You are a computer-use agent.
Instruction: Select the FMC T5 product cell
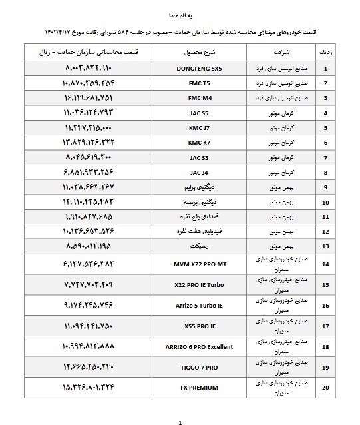[x=194, y=83]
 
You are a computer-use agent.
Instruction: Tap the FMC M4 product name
[x=194, y=98]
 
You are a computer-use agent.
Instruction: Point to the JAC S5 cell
[x=194, y=113]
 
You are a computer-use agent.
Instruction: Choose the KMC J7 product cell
[x=194, y=128]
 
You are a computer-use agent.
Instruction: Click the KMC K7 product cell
[x=194, y=143]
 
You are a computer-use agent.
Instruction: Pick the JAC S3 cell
[x=194, y=158]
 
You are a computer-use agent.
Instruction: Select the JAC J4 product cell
[x=194, y=173]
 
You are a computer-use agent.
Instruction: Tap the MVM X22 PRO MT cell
[x=194, y=264]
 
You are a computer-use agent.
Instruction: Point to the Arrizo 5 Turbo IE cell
[x=194, y=306]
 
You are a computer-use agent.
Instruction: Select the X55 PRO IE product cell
[x=194, y=326]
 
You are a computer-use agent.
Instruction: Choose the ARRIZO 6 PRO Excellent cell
[x=194, y=347]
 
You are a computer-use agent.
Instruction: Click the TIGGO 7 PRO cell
[x=194, y=367]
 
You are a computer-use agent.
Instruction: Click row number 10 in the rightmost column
[x=325, y=202]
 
